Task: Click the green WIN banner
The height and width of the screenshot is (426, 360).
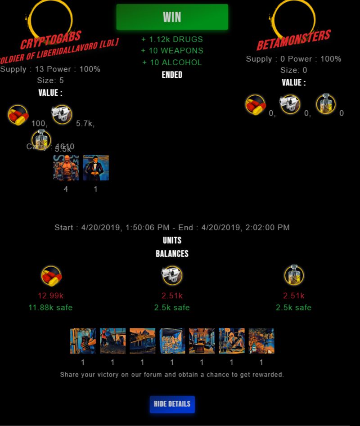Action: pos(172,17)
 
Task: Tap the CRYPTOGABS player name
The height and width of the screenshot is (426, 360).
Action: pos(50,40)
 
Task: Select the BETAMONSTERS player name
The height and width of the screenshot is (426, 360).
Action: pos(293,40)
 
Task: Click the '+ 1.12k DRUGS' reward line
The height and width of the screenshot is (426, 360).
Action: pos(172,40)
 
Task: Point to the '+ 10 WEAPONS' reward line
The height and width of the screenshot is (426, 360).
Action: pos(172,51)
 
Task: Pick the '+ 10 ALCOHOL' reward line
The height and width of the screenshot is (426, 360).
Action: pos(172,63)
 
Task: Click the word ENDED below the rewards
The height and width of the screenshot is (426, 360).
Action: pos(172,75)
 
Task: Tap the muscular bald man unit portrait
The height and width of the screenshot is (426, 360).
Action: pos(66,168)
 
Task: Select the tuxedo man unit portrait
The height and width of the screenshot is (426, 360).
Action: pos(96,168)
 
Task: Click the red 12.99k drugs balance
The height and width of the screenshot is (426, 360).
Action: pos(50,296)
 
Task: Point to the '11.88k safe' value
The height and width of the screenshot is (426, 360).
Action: pos(50,308)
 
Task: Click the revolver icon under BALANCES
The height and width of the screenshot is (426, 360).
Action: pos(171,275)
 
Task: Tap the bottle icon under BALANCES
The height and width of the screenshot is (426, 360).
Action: pos(294,275)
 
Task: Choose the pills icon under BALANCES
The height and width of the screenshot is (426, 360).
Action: pos(51,275)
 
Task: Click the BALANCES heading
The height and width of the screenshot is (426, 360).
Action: pos(172,254)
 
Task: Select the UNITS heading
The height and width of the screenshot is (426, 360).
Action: pos(172,240)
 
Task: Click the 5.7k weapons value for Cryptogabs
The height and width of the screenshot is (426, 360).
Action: pos(85,124)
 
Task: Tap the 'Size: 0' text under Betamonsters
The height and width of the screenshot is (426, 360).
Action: pos(293,70)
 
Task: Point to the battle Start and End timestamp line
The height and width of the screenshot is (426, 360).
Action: pos(172,228)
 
